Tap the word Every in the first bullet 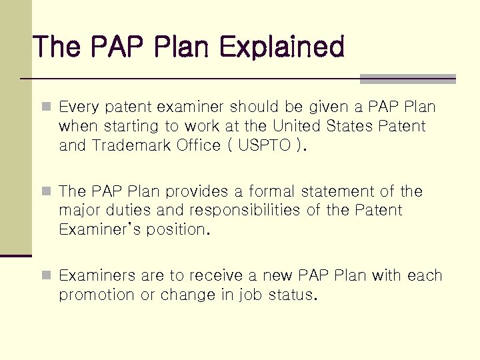(77, 107)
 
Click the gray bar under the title (407, 79)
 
